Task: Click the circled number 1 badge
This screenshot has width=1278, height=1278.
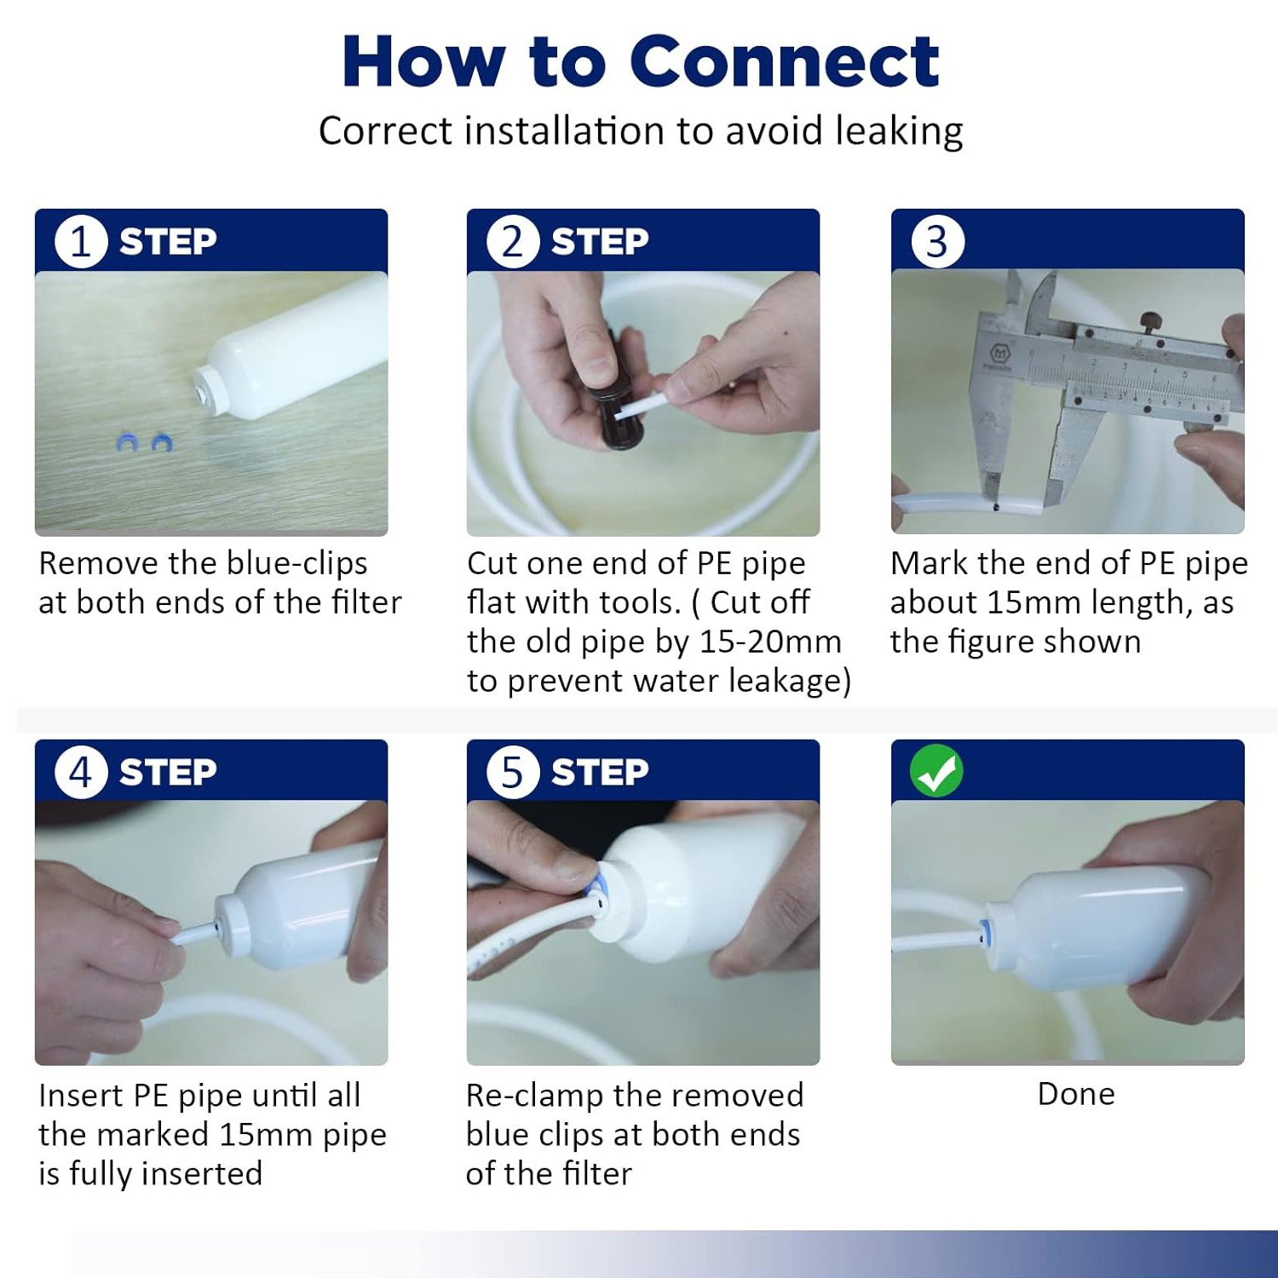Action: click(81, 241)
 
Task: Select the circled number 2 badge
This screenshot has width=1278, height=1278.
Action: click(513, 241)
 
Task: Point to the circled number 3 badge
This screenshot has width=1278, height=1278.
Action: click(937, 242)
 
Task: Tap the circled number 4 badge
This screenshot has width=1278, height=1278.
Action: click(81, 773)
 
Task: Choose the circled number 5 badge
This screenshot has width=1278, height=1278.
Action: click(513, 773)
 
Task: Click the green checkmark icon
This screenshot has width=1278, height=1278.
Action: click(936, 771)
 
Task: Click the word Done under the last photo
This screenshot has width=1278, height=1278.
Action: click(1076, 1094)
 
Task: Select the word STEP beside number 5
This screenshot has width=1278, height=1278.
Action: click(600, 773)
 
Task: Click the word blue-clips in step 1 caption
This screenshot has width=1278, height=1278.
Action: click(297, 564)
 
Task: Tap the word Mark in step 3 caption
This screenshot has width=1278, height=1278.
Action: click(929, 563)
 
